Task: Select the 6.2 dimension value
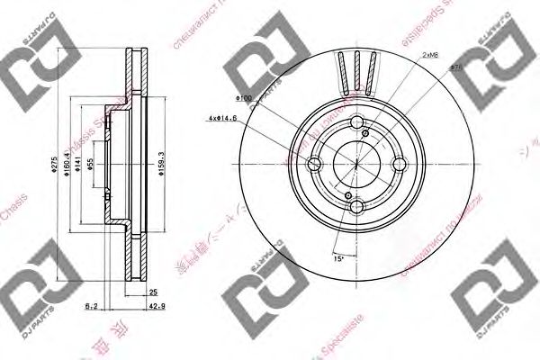[x=92, y=307]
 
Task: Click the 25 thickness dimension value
[x=154, y=292]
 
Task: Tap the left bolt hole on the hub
[x=314, y=165]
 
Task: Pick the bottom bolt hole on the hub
[x=356, y=207]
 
